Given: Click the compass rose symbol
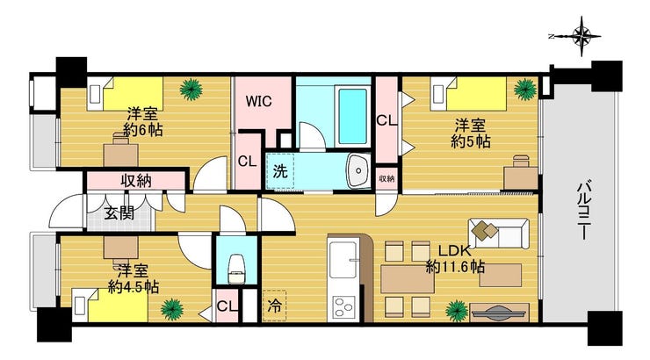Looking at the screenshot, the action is [581, 36].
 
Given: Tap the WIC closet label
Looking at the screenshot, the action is [258, 101].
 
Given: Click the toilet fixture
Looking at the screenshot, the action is [236, 270].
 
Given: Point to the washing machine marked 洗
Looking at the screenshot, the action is [280, 171].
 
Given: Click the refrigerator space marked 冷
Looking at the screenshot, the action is [274, 306].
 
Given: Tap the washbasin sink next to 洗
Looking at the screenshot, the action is [358, 170].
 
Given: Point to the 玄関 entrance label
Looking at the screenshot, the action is [119, 213].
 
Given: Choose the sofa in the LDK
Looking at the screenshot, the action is [498, 234].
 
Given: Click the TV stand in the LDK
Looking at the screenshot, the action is [500, 312].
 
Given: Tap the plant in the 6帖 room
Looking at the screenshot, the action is [191, 89].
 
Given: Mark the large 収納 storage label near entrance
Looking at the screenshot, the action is [136, 181].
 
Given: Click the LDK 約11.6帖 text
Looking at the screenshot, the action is [455, 259].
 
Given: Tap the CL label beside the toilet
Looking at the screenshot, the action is [227, 306].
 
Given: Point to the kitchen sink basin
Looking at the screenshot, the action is [343, 259].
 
